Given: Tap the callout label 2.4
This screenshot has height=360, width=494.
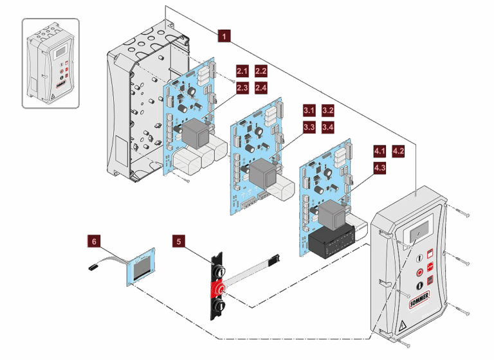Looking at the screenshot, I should [x=261, y=87].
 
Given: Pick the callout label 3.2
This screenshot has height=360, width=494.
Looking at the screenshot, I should [x=327, y=111].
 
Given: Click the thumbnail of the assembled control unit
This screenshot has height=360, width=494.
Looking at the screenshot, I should [x=51, y=63].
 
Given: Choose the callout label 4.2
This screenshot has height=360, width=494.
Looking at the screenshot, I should [x=398, y=152].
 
